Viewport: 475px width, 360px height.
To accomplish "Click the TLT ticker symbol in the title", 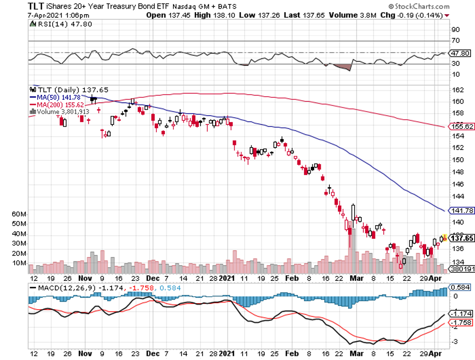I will click(x=15, y=6).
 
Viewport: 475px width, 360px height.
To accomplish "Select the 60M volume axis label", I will click(x=19, y=214).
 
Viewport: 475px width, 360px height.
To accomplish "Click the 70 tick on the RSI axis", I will click(x=455, y=41).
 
